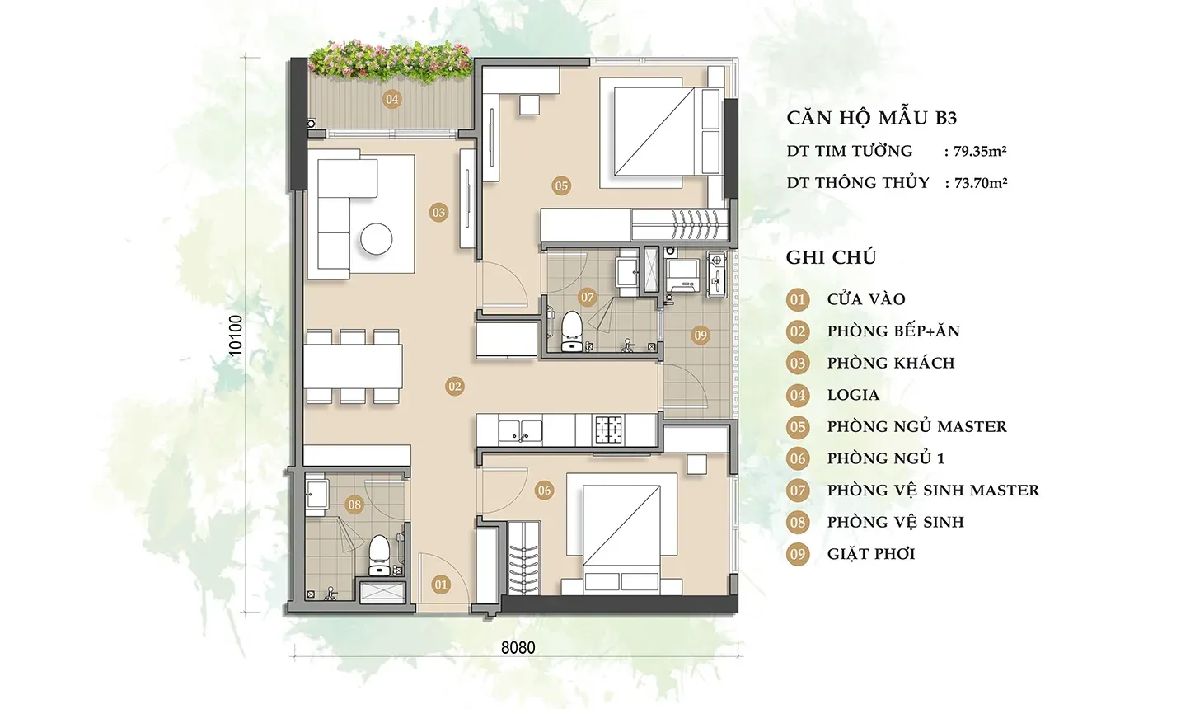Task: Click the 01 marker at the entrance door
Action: pyautogui.click(x=441, y=585)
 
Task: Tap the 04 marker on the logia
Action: pyautogui.click(x=392, y=99)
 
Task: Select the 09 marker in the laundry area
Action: pyautogui.click(x=700, y=335)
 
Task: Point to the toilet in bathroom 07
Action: pyautogui.click(x=571, y=331)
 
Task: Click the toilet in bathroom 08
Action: pyautogui.click(x=379, y=556)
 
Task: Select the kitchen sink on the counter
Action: pyautogui.click(x=520, y=430)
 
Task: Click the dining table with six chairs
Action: pyautogui.click(x=353, y=366)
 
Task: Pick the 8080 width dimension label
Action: pyautogui.click(x=518, y=648)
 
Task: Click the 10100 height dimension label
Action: pyautogui.click(x=235, y=335)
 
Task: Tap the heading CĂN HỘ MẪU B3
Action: pyautogui.click(x=872, y=118)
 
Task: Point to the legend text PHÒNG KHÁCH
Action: pyautogui.click(x=891, y=363)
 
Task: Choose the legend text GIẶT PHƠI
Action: pyautogui.click(x=871, y=554)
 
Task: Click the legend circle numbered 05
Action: pyautogui.click(x=798, y=427)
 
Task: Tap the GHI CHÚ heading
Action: pyautogui.click(x=832, y=258)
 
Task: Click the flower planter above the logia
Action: pyautogui.click(x=391, y=63)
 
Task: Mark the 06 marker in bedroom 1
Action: pyautogui.click(x=544, y=491)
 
